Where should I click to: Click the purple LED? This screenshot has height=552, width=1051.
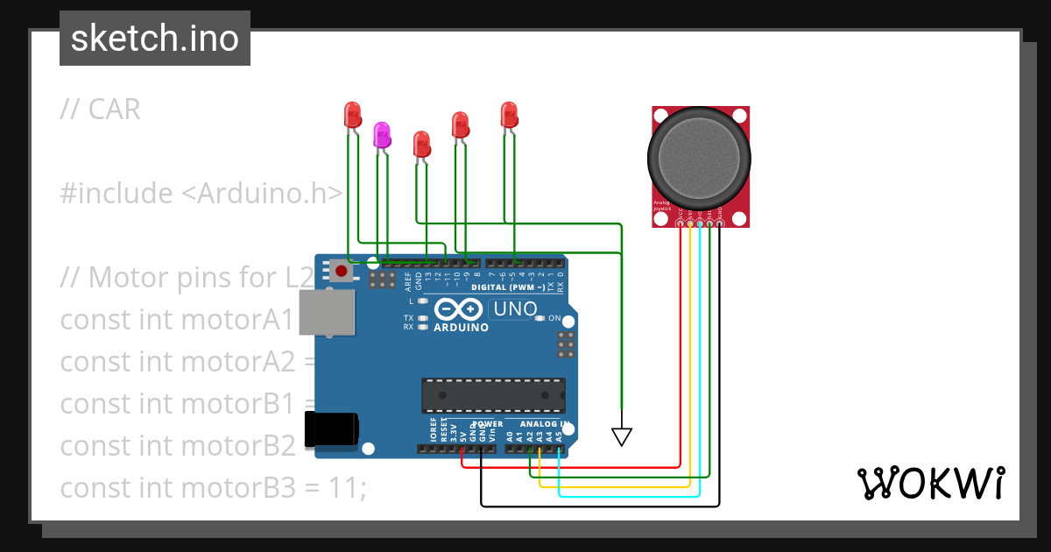382,135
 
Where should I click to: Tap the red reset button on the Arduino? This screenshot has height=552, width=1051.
341,271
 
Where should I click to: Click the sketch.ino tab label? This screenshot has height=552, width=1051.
155,39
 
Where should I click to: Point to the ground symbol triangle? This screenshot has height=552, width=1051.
621,435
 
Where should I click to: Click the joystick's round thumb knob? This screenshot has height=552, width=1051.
699,159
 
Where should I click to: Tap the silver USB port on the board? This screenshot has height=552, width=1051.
328,312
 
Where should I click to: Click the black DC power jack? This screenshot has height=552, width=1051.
330,428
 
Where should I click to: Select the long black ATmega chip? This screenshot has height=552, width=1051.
492,395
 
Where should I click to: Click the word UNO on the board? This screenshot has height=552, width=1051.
515,309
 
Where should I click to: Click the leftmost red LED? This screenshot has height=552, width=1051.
353,114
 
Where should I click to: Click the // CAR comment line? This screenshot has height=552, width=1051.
100,110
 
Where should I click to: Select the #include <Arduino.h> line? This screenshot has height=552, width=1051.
201,194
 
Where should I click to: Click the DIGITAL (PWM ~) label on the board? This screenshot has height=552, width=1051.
508,287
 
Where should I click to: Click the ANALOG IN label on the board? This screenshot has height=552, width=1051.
540,424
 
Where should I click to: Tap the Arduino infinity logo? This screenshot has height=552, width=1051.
458,309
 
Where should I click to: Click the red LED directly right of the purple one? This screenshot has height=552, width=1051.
421,144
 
